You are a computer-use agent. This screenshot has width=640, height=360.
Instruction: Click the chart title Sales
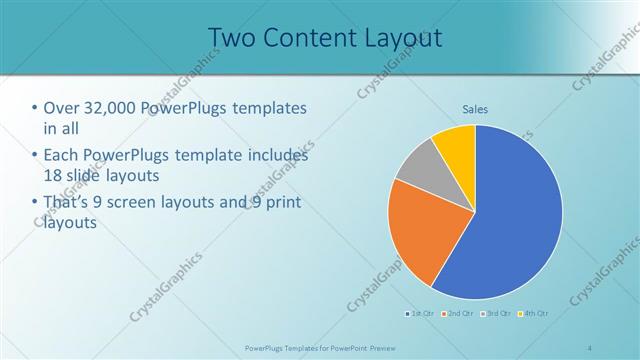click(475, 109)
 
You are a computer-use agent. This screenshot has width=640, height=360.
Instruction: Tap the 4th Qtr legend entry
click(533, 313)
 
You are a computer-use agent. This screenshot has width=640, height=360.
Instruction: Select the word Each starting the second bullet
click(63, 156)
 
